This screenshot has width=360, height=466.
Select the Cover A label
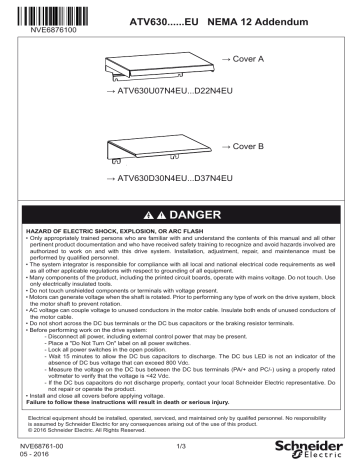244,60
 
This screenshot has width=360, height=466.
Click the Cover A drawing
160,67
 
